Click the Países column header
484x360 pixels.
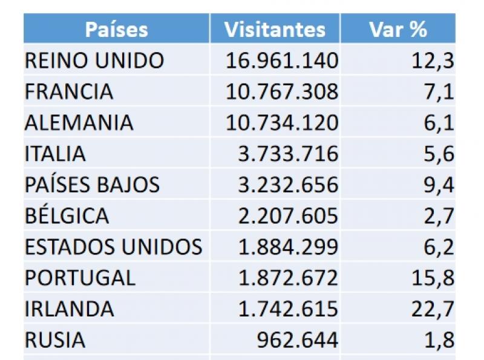coord(116,29)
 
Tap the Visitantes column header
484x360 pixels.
coord(275,29)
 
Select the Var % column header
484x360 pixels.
coord(397,29)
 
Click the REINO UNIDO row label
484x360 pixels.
coord(94,61)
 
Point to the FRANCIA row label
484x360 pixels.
coord(69,91)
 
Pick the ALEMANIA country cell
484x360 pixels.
coord(79,122)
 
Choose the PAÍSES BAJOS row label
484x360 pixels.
coord(92,185)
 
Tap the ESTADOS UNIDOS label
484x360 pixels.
coord(113,247)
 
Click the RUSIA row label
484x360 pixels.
coord(55,340)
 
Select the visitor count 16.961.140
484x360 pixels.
coord(282,61)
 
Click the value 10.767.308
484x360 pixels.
coord(282,91)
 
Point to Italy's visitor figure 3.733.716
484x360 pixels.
coord(288,154)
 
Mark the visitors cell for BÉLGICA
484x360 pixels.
coord(288,216)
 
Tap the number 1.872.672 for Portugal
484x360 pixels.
coord(288,278)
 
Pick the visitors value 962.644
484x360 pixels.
coord(297,340)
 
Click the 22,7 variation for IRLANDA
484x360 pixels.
coord(432,309)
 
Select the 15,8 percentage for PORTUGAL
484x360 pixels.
coord(432,278)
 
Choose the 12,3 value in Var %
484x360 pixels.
coord(432,61)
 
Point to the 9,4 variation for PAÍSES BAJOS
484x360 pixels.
coord(439,185)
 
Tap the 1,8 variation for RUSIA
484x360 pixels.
coord(439,340)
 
